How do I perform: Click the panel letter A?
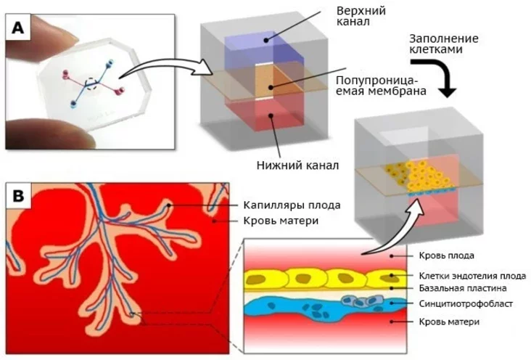[x=18, y=27]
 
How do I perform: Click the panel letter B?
[x=18, y=195]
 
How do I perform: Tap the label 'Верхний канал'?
[x=361, y=16]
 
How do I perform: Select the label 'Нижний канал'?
[x=297, y=165]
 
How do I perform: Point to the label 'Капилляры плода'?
[x=292, y=205]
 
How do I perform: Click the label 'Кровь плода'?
[x=446, y=255]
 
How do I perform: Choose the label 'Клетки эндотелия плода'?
[x=472, y=276]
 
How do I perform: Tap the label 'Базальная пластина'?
[x=463, y=288]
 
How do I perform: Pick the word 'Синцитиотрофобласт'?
[x=466, y=303]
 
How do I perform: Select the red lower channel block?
[x=268, y=115]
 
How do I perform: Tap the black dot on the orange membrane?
[x=271, y=87]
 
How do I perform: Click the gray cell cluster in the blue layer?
[x=362, y=300]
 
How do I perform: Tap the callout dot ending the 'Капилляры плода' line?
[x=168, y=205]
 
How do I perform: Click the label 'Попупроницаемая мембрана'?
[x=381, y=86]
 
